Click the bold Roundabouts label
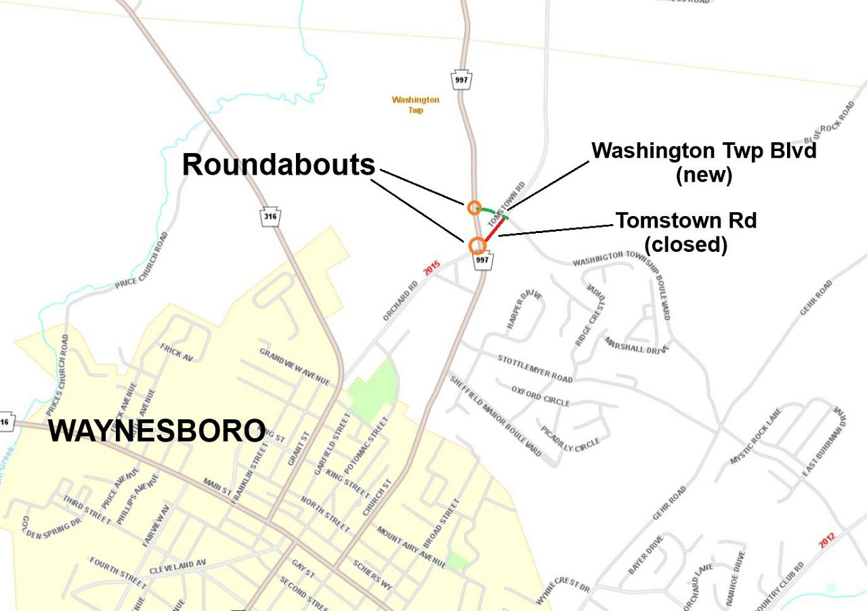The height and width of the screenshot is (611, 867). click(278, 165)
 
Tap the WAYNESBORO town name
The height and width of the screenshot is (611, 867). click(156, 431)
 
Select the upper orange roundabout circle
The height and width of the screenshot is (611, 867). click(474, 208)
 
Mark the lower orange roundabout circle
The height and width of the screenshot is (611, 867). click(478, 245)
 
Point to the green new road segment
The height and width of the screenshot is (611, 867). click(492, 211)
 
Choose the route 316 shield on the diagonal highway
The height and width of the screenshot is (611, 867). click(271, 217)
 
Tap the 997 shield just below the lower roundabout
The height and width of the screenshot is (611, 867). click(482, 259)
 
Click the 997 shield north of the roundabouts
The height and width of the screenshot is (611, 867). click(462, 79)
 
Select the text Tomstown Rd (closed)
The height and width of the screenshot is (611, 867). click(685, 232)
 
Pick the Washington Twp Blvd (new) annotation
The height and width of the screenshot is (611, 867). click(704, 163)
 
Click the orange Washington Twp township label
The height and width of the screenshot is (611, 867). click(415, 104)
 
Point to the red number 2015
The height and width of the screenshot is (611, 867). click(432, 268)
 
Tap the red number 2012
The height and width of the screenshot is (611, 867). click(827, 540)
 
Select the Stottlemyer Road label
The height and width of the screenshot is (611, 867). click(535, 368)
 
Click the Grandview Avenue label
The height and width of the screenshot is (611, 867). click(295, 367)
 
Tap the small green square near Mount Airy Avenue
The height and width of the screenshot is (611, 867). click(457, 561)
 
